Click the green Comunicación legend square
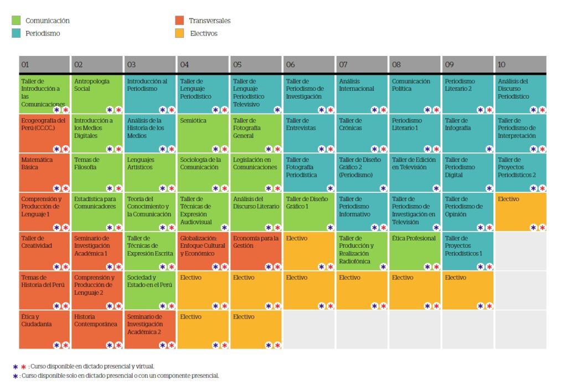pos(17,21)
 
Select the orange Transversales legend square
pos(179,21)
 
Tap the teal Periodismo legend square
pos(17,33)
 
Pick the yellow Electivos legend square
pos(179,33)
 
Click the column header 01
pos(44,64)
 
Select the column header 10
pos(520,64)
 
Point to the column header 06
pos(308,64)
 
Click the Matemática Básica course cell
pos(44,173)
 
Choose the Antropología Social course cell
pos(97,94)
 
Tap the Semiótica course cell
pos(203,134)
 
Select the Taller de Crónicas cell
pos(362,134)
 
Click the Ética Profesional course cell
pos(415,251)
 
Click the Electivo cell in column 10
pos(520,212)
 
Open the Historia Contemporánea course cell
pos(97,329)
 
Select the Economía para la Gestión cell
pos(256,251)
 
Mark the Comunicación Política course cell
pos(415,94)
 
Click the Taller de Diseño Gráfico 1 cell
pos(308,212)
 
